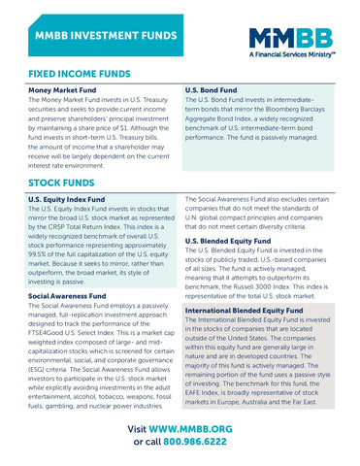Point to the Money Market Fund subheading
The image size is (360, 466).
[x=64, y=90]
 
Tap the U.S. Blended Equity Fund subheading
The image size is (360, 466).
[x=227, y=240]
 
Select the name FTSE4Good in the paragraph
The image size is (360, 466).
[x=51, y=332]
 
